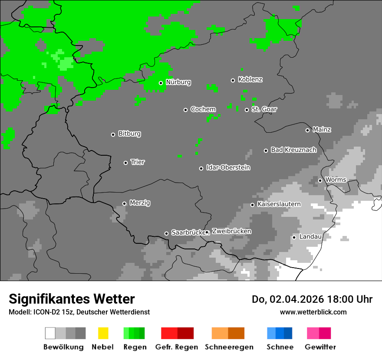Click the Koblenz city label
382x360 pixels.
click(250, 80)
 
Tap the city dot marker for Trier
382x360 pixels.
click(126, 163)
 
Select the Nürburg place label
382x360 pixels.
click(178, 82)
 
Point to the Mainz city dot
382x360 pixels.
click(307, 130)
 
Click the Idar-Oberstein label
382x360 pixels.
click(228, 168)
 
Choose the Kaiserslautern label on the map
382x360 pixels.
click(279, 204)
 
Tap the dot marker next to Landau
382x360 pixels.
click(294, 237)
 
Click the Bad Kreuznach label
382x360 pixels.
click(293, 150)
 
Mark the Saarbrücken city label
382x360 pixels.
click(188, 233)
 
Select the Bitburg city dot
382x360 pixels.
click(113, 134)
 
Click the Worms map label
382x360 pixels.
click(335, 180)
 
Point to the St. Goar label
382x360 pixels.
click(264, 109)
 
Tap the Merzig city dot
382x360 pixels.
click(124, 203)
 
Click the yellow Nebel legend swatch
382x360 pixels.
click(103, 333)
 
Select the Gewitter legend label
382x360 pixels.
click(320, 347)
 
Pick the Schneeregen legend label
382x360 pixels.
click(229, 347)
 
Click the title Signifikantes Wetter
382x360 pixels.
click(72, 299)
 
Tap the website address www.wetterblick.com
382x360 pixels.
click(313, 312)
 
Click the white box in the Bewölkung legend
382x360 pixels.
click(50, 333)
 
